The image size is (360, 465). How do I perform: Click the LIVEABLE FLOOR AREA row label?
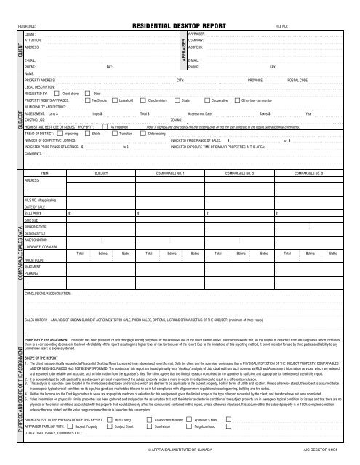[x=41, y=247]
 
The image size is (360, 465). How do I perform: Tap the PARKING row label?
[x=32, y=274]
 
